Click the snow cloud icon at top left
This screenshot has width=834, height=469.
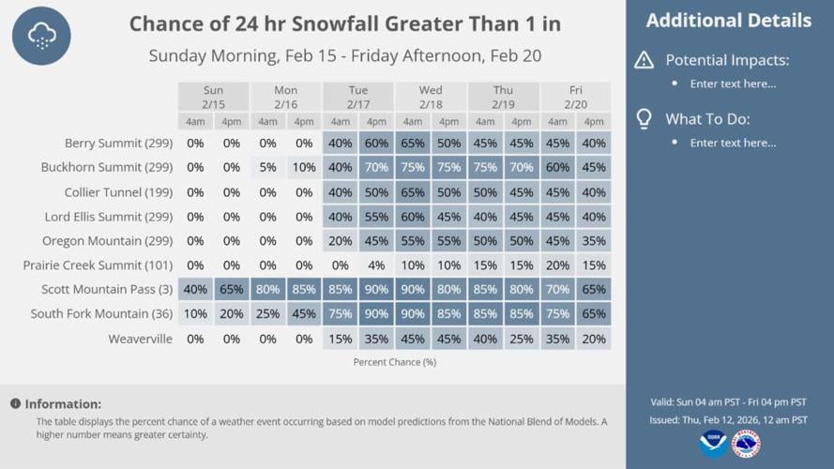pyautogui.click(x=41, y=36)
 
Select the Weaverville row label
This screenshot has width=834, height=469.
pyautogui.click(x=140, y=339)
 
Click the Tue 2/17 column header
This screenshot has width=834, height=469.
pyautogui.click(x=357, y=98)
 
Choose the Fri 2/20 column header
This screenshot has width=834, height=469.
pyautogui.click(x=575, y=98)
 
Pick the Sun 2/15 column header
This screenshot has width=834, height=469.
pyautogui.click(x=213, y=98)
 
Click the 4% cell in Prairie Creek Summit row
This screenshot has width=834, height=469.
pyautogui.click(x=376, y=265)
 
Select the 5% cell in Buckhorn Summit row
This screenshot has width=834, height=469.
pyautogui.click(x=267, y=168)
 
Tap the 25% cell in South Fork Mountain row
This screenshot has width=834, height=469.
pyautogui.click(x=267, y=314)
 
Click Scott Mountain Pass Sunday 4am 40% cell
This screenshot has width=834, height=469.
pyautogui.click(x=195, y=290)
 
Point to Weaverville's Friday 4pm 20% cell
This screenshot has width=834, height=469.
pyautogui.click(x=593, y=339)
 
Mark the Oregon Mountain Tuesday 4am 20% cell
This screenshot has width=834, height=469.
pyautogui.click(x=340, y=241)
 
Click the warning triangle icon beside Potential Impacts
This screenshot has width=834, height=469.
pyautogui.click(x=644, y=61)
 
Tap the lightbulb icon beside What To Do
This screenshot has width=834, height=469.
pyautogui.click(x=644, y=119)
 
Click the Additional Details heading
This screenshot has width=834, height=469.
pyautogui.click(x=728, y=21)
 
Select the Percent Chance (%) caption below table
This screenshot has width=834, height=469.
pyautogui.click(x=394, y=362)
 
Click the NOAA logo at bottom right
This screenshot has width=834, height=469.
pyautogui.click(x=713, y=444)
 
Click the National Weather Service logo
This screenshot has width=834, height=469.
pyautogui.click(x=747, y=444)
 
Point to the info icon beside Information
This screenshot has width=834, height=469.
pyautogui.click(x=15, y=404)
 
